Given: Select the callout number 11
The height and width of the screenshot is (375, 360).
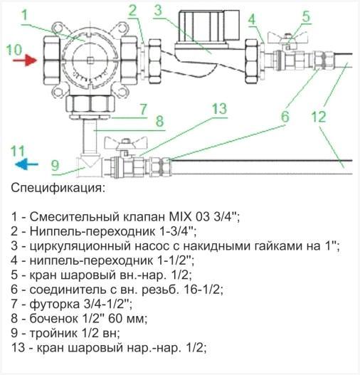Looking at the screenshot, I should tap(19, 151).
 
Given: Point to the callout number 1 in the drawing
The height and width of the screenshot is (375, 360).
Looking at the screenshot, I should tap(26, 14).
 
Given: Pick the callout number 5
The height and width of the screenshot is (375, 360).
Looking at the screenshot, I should tap(285, 15).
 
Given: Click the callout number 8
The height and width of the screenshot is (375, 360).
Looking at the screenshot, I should tap(159, 120).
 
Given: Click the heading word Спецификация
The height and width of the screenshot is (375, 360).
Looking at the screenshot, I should tap(58, 189).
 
